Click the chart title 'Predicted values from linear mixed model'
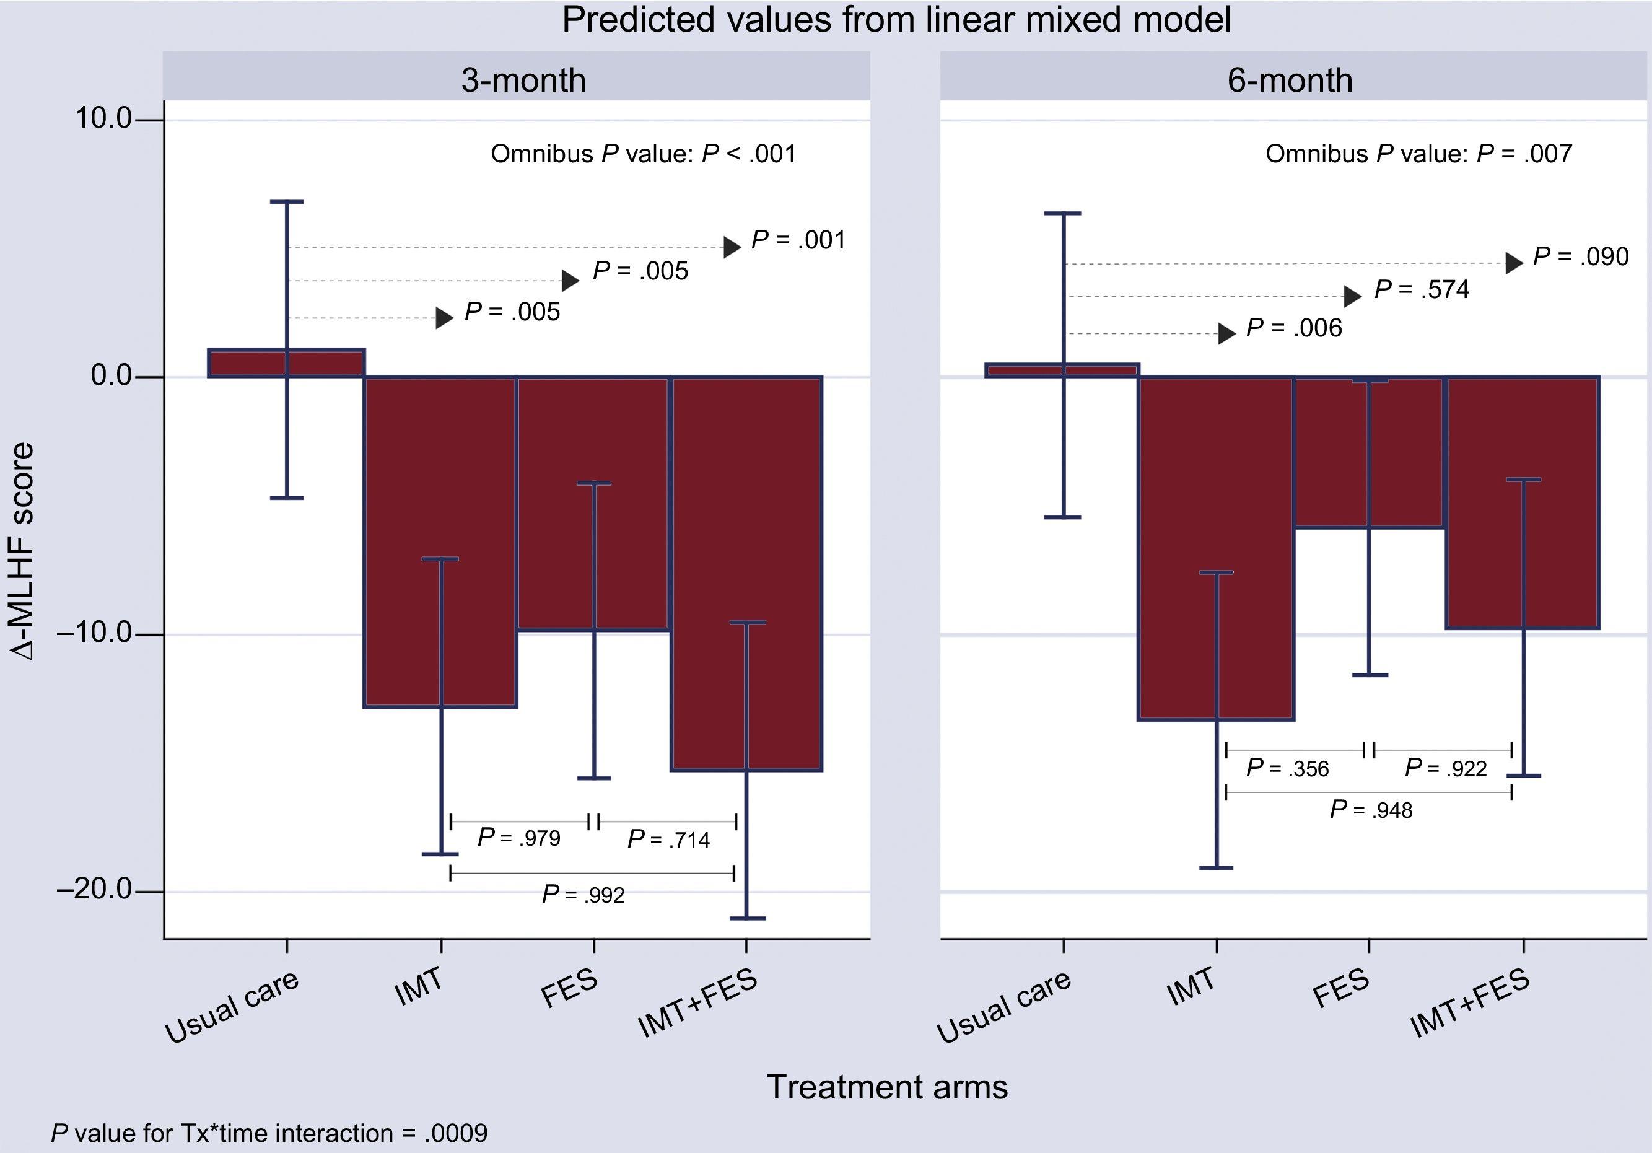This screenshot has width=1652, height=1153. (x=896, y=20)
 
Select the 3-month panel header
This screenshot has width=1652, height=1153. (x=523, y=79)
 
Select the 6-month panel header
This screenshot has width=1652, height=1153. (x=1290, y=79)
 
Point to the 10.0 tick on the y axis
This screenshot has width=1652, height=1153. (x=103, y=118)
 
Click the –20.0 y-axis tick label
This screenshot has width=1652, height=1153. (x=94, y=890)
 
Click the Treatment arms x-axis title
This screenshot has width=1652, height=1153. (x=887, y=1087)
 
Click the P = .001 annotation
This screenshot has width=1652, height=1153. (x=798, y=240)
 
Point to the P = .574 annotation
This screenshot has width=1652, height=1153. (x=1422, y=289)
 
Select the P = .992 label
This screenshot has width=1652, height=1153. (x=583, y=895)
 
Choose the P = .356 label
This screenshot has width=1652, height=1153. (x=1287, y=769)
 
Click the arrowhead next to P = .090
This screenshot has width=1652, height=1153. (x=1514, y=263)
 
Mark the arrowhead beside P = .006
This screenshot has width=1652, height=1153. (x=1226, y=333)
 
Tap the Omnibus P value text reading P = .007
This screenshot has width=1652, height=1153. (x=1418, y=153)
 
